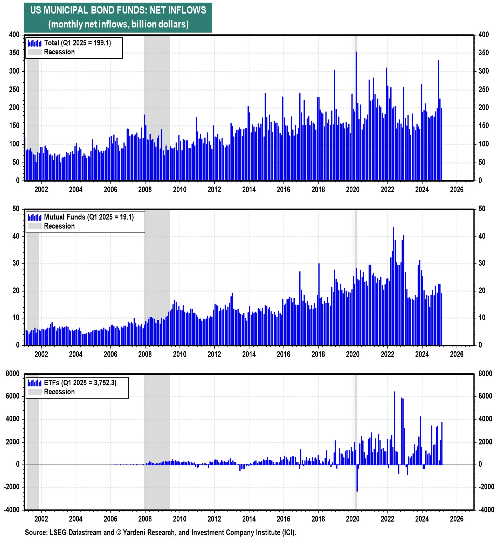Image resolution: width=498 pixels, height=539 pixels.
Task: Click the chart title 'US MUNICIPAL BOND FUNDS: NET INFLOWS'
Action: tap(118, 10)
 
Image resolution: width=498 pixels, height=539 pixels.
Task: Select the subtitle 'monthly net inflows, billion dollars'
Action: tap(118, 24)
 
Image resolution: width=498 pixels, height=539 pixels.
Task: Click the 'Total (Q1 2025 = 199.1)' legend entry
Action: tap(77, 43)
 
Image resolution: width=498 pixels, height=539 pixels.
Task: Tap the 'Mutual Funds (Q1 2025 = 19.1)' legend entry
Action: tap(89, 217)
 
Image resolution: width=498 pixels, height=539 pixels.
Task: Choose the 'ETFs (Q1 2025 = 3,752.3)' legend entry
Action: tap(80, 382)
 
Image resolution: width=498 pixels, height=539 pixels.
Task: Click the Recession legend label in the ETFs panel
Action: tap(59, 392)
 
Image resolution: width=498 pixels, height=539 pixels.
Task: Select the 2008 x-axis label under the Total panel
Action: tap(145, 189)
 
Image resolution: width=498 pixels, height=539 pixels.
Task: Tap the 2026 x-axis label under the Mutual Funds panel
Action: tap(457, 354)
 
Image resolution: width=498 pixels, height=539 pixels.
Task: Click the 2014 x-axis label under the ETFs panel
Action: tap(249, 519)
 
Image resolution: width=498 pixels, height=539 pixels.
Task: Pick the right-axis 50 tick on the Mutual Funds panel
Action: tap(482, 209)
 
